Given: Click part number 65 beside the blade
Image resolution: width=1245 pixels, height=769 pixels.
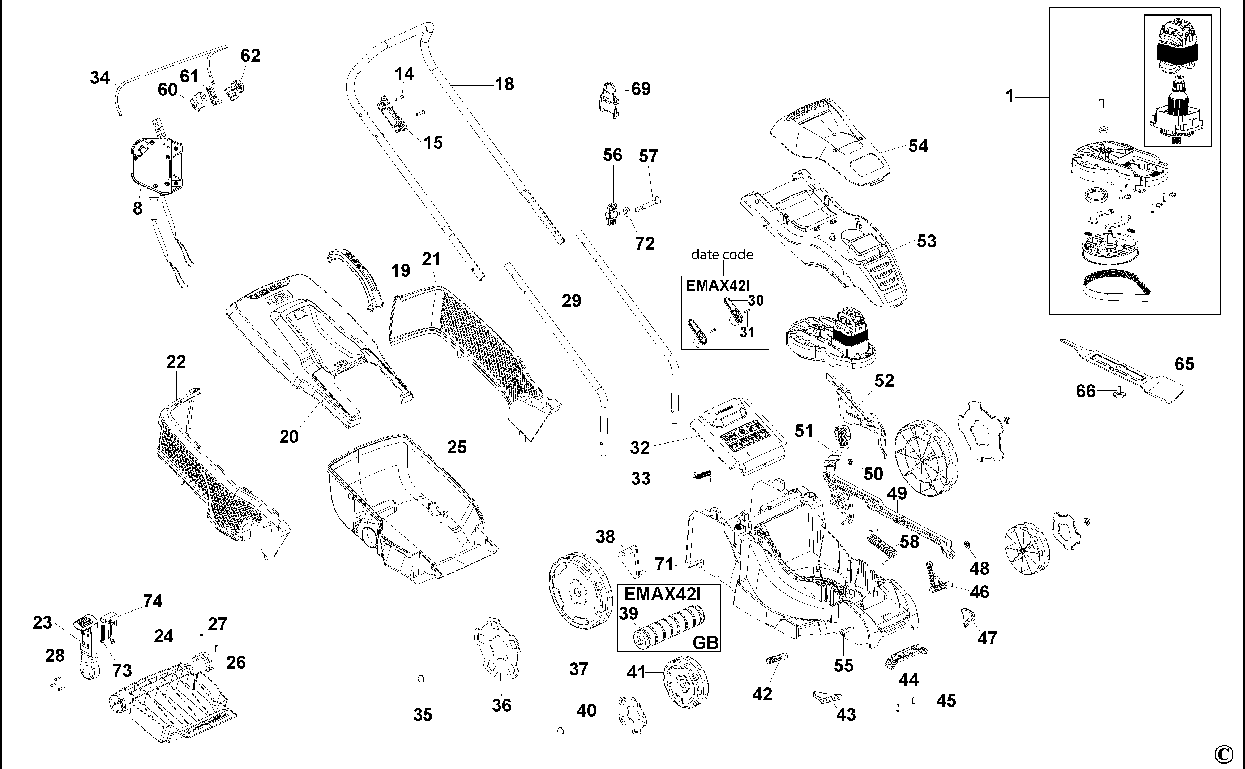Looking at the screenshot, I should click(1184, 364).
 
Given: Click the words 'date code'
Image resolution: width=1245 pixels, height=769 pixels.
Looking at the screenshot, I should click(722, 254).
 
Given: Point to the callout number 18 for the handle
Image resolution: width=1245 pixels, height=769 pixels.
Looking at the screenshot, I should click(504, 85).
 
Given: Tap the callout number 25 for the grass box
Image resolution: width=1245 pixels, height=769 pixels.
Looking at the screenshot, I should click(457, 447).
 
